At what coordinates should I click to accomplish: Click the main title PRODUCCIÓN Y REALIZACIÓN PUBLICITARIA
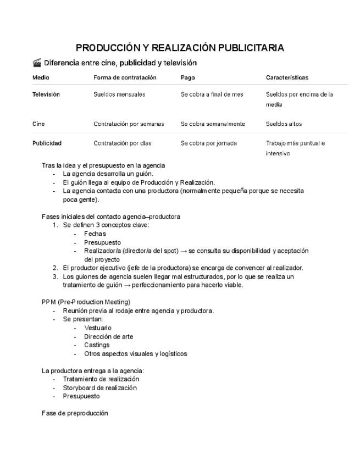[180, 48]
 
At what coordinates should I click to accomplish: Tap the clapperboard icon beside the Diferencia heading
[37, 63]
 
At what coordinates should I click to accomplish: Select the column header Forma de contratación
[125, 77]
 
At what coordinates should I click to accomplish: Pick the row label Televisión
[46, 95]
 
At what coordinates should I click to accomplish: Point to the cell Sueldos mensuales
[119, 95]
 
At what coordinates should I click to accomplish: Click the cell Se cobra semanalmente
[213, 124]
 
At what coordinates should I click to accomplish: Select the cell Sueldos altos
[284, 124]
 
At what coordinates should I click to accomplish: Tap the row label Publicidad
[47, 143]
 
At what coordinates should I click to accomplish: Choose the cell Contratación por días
[122, 143]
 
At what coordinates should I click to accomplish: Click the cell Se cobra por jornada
[208, 143]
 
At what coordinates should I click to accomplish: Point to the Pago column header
[187, 77]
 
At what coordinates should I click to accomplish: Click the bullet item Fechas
[95, 234]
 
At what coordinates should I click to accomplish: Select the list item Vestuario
[98, 328]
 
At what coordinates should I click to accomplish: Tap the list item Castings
[97, 345]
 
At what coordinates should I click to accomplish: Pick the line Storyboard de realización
[99, 387]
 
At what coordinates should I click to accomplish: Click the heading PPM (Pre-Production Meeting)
[86, 302]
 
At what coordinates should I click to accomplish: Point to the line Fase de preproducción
[75, 413]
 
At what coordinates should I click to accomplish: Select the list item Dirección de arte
[108, 337]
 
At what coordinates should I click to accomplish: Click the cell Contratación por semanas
[129, 124]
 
